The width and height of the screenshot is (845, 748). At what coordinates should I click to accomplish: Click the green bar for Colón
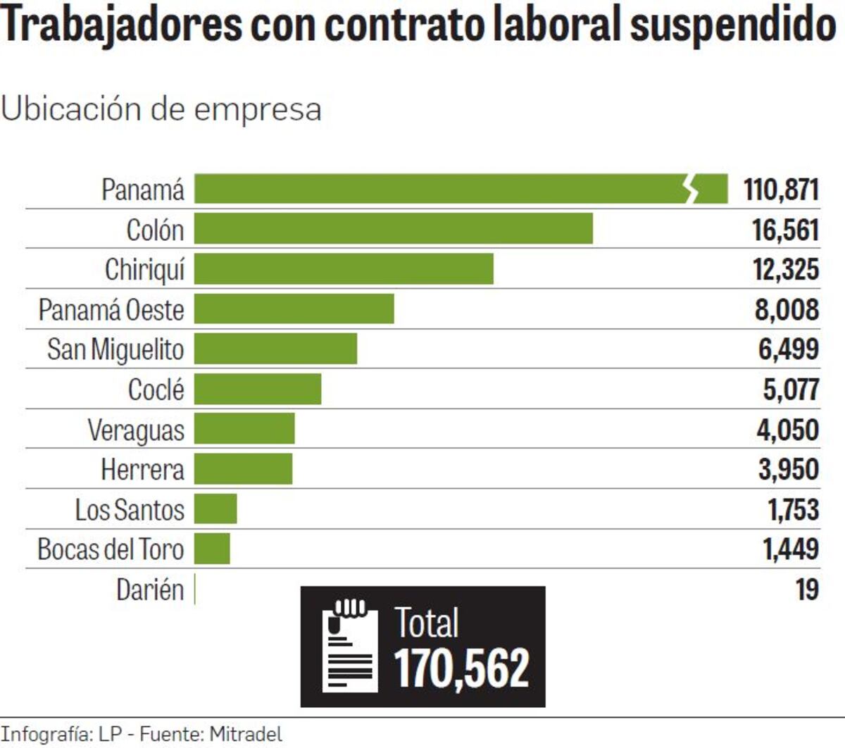[x=393, y=229]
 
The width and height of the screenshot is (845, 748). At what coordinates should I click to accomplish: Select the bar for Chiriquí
[x=344, y=269]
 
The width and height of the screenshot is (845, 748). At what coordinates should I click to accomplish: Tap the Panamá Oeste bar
[x=294, y=309]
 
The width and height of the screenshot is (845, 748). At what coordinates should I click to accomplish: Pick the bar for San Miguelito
[x=275, y=349]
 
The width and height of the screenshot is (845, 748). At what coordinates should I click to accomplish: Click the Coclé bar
[x=258, y=389]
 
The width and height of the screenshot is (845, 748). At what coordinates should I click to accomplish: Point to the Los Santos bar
[x=215, y=509]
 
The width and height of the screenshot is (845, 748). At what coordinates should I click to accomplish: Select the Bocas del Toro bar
[x=212, y=549]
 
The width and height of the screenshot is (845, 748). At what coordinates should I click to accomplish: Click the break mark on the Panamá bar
[x=692, y=189]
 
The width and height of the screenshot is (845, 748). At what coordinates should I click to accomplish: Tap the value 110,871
[x=781, y=189]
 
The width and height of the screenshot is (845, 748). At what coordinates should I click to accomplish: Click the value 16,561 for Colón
[x=785, y=230]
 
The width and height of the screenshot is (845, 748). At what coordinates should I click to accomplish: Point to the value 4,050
[x=787, y=429]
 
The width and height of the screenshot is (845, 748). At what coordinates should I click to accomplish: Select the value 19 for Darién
[x=807, y=589]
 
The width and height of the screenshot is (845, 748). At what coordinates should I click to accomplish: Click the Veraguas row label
[x=136, y=430]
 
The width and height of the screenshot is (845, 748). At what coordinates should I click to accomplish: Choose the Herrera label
[x=142, y=469]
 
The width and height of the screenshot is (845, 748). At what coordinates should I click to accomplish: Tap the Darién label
[x=150, y=590]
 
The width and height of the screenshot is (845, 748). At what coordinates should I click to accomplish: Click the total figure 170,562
[x=461, y=668]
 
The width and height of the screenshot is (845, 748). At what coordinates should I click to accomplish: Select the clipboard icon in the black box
[x=349, y=646]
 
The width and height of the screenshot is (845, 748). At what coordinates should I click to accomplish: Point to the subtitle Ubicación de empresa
[x=161, y=109]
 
